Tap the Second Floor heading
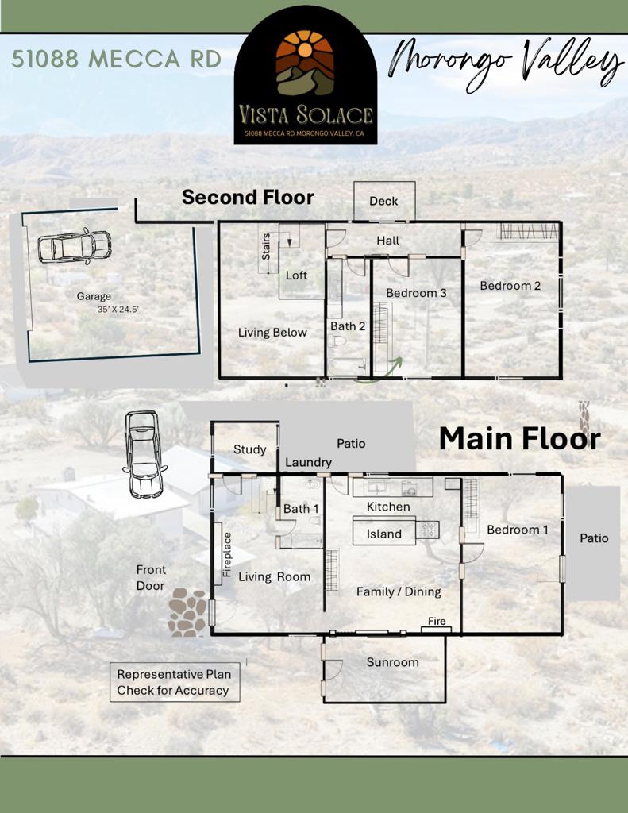248,197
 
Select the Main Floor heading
519,438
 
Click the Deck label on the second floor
383,201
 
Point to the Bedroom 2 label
510,286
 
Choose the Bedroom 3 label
416,293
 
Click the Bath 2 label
348,326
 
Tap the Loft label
297,275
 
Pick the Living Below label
272,333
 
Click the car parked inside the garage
74,246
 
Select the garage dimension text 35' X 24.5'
118,310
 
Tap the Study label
249,449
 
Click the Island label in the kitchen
383,534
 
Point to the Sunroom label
392,662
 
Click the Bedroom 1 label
518,530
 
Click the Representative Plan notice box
175,682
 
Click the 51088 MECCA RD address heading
117,59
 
